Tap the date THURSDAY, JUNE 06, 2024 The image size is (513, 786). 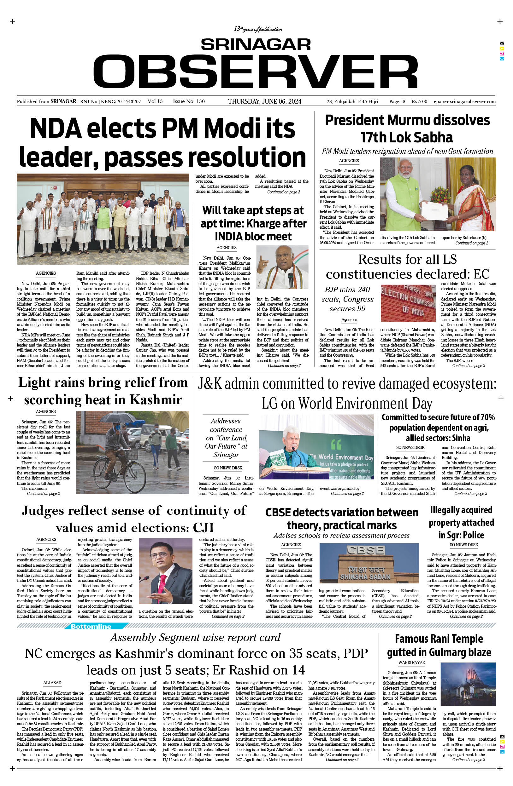tap(264, 101)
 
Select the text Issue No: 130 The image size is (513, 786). tap(189, 101)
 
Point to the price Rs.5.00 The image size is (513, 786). tap(419, 101)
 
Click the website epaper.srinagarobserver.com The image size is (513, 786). tap(464, 101)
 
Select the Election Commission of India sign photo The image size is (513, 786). tap(408, 303)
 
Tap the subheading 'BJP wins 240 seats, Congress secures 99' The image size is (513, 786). tap(347, 299)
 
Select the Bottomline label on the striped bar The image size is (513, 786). tap(91, 626)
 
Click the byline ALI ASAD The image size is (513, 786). tap(52, 683)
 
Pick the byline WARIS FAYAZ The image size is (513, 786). tap(411, 663)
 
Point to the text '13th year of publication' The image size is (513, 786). tap(258, 29)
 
